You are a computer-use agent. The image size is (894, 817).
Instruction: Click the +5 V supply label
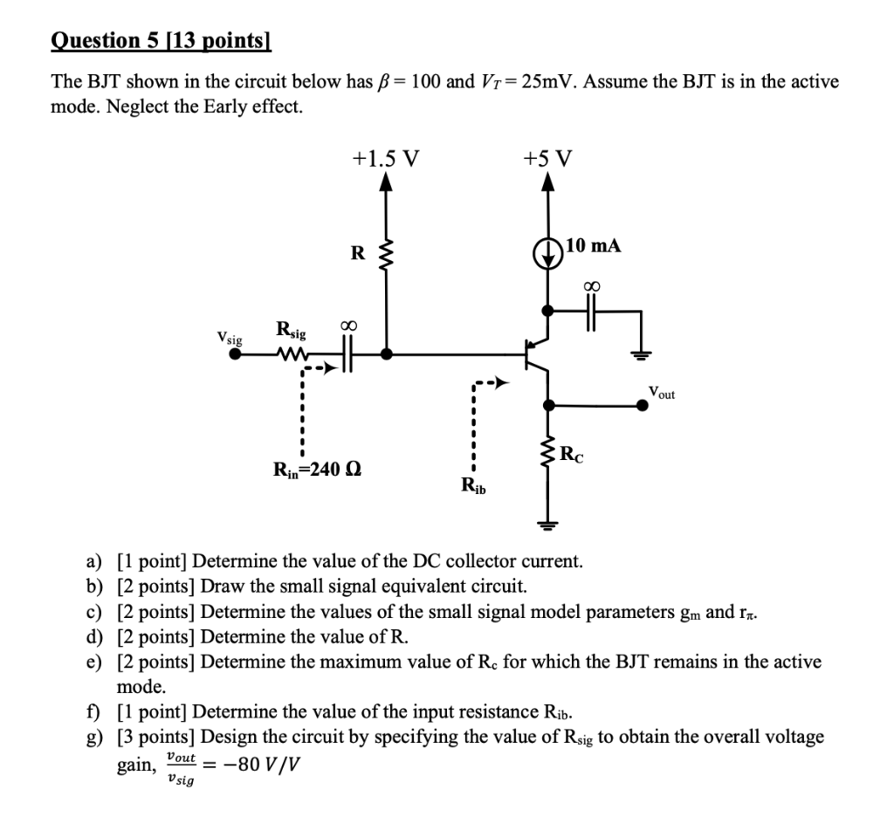coord(547,158)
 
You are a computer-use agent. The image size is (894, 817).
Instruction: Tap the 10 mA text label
coord(594,246)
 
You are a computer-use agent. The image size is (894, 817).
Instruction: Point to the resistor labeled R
coord(387,254)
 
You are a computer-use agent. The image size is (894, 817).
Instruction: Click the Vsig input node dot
coord(234,354)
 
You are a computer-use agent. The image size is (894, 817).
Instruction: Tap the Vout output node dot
coord(642,404)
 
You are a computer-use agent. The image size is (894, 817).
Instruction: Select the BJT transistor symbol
coord(536,354)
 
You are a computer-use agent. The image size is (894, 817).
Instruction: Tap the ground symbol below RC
coord(547,525)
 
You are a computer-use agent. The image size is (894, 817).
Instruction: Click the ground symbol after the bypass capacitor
coord(642,354)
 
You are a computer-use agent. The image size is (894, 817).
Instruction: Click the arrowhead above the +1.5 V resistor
coord(387,182)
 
